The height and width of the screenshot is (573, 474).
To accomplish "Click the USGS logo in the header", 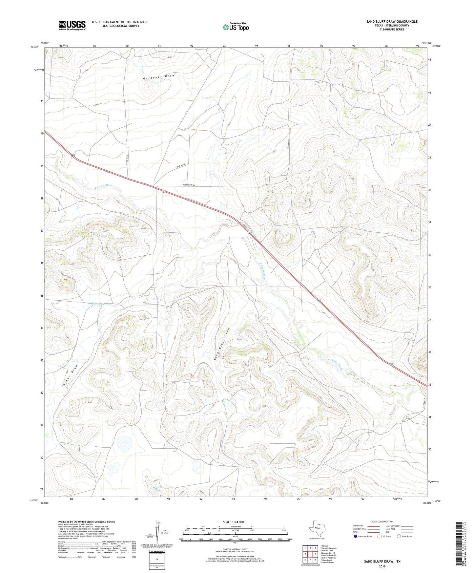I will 72,25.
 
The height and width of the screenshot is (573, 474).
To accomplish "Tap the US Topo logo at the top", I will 235,27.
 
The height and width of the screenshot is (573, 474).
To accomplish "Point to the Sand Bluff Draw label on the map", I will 223,344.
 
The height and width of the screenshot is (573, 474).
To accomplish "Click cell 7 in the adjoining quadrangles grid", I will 310,560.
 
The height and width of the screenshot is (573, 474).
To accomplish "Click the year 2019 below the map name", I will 382,566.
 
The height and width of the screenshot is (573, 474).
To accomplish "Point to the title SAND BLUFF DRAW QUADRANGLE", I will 392,21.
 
